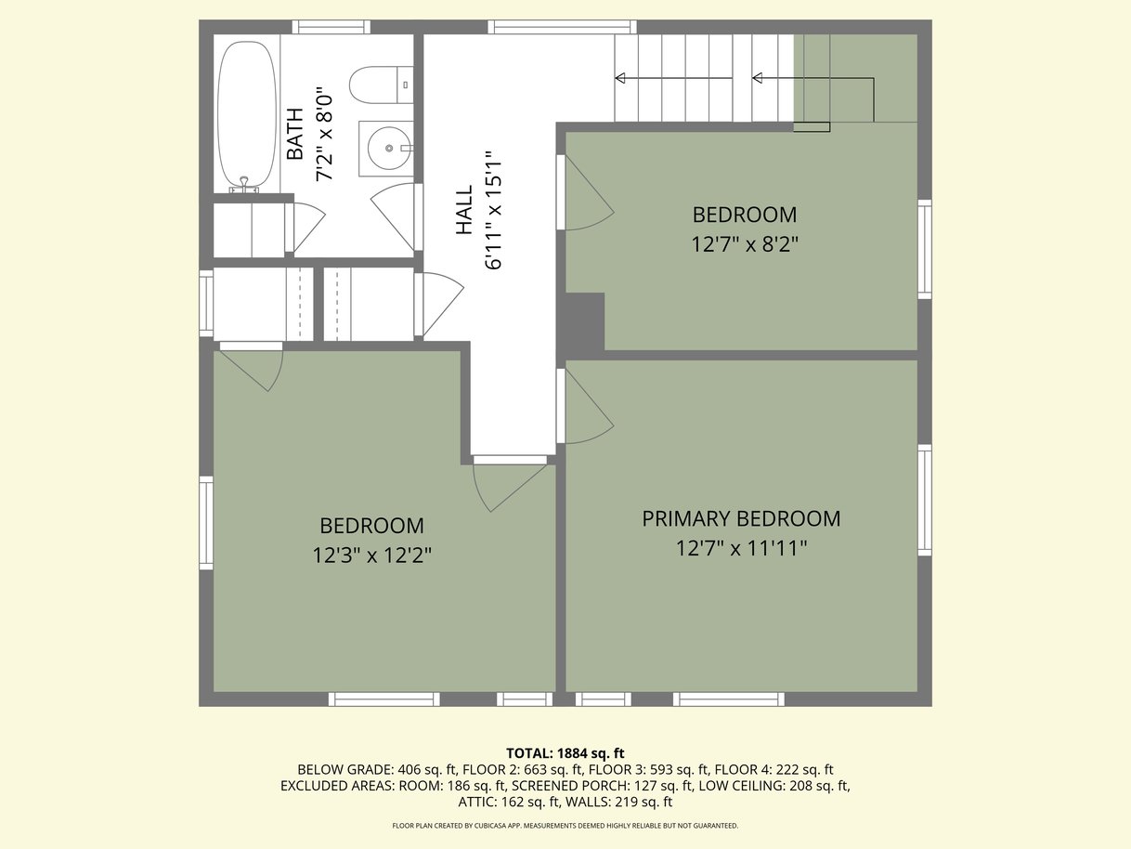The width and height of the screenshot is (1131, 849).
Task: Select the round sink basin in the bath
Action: (x=390, y=149)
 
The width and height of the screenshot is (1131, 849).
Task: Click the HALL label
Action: (x=464, y=210)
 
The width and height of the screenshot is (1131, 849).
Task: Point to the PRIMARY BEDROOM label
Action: (x=741, y=518)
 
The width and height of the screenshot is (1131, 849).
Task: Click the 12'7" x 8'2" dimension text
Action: (x=745, y=243)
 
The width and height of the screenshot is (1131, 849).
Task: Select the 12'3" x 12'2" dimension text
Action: (x=372, y=555)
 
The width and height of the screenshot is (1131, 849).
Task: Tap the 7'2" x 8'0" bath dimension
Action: (x=325, y=134)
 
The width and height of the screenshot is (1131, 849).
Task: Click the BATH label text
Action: (x=295, y=134)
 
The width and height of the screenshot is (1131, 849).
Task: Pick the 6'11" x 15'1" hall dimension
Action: (x=493, y=210)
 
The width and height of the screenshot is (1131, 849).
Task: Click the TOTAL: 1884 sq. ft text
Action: (x=565, y=753)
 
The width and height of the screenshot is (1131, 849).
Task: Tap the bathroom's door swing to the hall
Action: (x=393, y=217)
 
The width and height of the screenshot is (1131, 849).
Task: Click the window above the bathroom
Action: (x=331, y=27)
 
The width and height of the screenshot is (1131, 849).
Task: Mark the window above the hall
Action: (x=562, y=27)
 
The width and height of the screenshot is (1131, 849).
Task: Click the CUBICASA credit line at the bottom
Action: (x=565, y=825)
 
